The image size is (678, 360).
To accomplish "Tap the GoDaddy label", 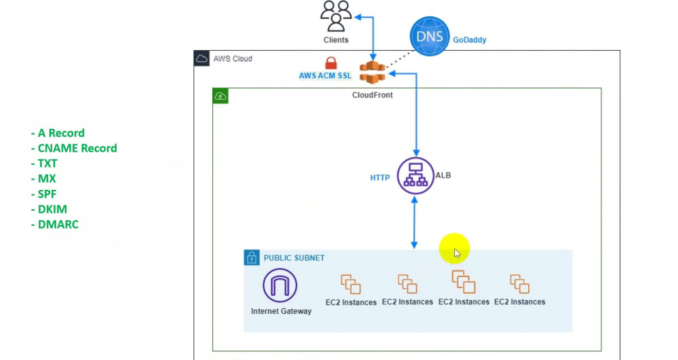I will [470, 40].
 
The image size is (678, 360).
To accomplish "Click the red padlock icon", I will [331, 63].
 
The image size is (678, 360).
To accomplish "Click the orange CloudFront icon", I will [372, 71].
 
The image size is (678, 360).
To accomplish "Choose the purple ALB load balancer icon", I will [414, 176].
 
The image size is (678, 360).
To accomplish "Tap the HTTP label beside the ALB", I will [380, 178].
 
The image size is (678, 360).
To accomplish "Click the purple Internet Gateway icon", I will [280, 285].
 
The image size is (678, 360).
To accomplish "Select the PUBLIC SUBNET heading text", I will [294, 258].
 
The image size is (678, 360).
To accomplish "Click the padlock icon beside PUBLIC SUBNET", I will [252, 258].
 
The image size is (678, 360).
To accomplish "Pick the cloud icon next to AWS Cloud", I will [202, 58].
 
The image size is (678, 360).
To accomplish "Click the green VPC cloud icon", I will [220, 96].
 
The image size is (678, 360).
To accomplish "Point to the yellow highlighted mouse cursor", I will [455, 251].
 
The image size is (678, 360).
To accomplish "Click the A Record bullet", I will [58, 133].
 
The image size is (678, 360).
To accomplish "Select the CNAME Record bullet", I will [74, 148].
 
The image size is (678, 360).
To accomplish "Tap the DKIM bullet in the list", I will [49, 209].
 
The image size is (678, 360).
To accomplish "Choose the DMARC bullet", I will [55, 224].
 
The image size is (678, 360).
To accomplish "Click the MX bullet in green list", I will [44, 178].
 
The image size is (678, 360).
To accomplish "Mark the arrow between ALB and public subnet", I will [414, 222].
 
